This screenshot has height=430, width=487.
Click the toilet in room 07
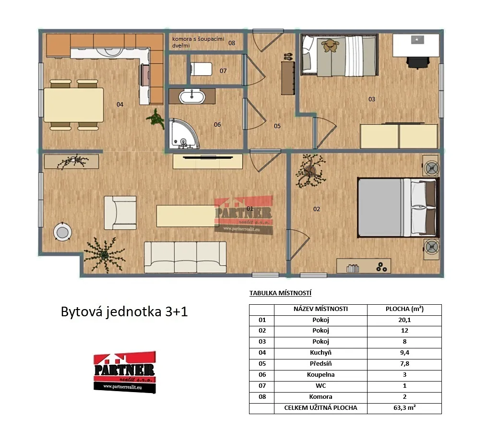[201, 69]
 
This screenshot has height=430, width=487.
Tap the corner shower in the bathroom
[183, 133]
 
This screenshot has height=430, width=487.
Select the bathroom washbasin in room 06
[192, 96]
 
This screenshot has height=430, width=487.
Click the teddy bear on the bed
[330, 46]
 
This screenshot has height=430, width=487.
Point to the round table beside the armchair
[62, 232]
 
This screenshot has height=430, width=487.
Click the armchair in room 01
[120, 213]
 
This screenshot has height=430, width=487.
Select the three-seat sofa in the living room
[185, 258]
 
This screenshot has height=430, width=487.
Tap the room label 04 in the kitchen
[120, 105]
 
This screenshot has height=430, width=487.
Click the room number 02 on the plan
[317, 209]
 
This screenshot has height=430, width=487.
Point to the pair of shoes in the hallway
[288, 57]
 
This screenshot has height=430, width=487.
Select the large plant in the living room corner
[105, 255]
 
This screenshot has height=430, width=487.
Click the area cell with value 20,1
[404, 320]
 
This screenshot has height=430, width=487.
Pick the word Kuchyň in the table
[321, 353]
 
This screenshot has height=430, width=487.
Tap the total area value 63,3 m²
[404, 407]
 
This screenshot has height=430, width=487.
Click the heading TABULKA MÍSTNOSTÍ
[280, 293]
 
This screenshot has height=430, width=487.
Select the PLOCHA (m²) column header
[404, 309]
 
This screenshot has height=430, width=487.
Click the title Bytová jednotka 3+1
[124, 311]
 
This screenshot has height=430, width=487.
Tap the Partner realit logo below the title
[125, 372]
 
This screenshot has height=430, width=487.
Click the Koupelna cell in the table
[321, 375]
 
